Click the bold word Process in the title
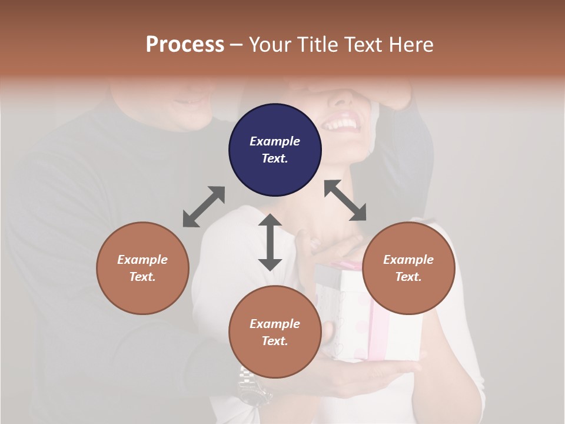pyautogui.click(x=185, y=45)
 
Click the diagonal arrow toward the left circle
pyautogui.click(x=204, y=207)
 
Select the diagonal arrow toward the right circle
pyautogui.click(x=345, y=200)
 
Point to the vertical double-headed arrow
pyautogui.click(x=270, y=242)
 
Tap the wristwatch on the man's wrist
pyautogui.click(x=251, y=383)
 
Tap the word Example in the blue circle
pyautogui.click(x=275, y=141)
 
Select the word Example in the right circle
pyautogui.click(x=408, y=260)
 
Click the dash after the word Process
pyautogui.click(x=236, y=45)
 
